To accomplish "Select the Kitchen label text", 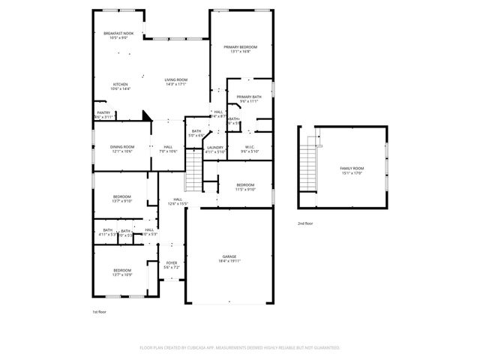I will (120, 84).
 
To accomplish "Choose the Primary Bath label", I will (248, 97).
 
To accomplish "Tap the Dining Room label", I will (123, 146).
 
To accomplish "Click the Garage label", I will (229, 256).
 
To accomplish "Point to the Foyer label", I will (172, 262).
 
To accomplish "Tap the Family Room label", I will (352, 168).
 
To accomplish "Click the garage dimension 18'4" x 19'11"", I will (229, 261).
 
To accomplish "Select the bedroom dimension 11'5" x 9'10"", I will (245, 189).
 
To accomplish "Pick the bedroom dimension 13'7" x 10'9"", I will (122, 274).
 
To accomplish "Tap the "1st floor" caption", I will (100, 310).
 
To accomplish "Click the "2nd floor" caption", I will (305, 223).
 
